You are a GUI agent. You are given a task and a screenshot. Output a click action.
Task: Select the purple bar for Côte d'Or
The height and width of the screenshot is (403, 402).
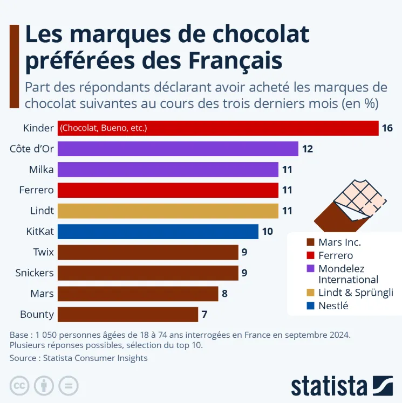(x=178, y=149)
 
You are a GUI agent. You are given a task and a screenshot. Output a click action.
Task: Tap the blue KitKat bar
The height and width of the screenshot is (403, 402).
(x=158, y=232)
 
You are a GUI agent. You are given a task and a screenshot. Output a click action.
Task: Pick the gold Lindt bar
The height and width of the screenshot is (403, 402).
(x=168, y=211)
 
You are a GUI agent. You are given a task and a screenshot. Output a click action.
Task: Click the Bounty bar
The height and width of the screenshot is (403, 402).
(x=127, y=314)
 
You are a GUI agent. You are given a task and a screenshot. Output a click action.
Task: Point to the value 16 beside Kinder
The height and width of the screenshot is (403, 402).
(x=387, y=128)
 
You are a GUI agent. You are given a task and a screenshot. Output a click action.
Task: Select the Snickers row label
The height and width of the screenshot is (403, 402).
(x=35, y=273)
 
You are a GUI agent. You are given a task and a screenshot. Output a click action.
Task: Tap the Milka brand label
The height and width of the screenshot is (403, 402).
(x=42, y=170)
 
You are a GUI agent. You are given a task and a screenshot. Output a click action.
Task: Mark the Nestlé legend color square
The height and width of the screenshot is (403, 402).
(x=310, y=306)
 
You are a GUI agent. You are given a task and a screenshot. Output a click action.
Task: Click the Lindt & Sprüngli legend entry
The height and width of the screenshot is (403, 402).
(x=356, y=293)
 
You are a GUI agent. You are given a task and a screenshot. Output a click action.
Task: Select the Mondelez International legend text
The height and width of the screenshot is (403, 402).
(x=348, y=274)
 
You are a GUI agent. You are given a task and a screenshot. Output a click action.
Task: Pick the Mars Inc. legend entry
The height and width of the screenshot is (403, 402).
(x=339, y=242)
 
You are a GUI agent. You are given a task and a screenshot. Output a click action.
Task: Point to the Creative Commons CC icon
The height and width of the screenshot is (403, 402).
(x=20, y=386)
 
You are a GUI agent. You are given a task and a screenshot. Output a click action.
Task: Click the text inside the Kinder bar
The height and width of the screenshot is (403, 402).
(x=104, y=128)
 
